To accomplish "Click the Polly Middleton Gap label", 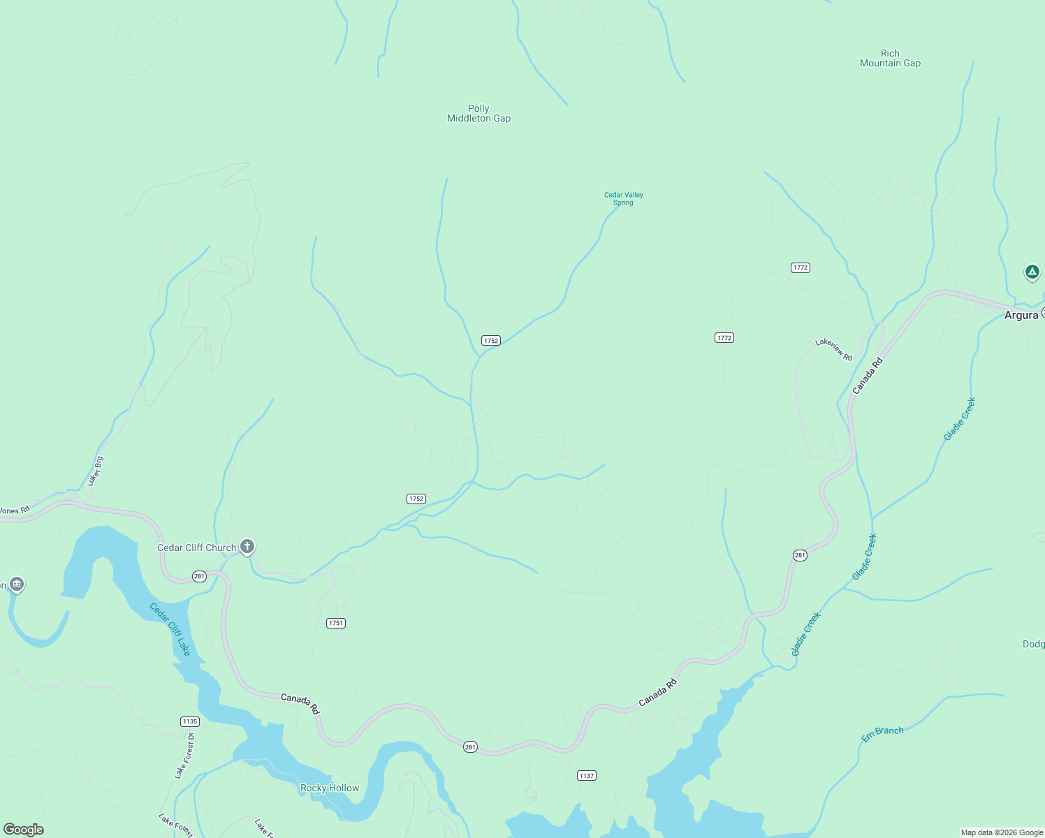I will [x=478, y=114].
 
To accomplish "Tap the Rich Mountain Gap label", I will [x=890, y=58].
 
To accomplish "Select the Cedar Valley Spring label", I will [x=623, y=199].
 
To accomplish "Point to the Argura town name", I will [x=1021, y=316].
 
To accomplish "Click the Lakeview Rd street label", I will [x=834, y=349].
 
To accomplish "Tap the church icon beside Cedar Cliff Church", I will [x=247, y=546].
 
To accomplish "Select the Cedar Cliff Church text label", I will [x=196, y=547].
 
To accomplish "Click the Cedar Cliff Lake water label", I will [x=170, y=629].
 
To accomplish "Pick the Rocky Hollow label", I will [x=330, y=788].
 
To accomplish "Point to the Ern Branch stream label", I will [x=882, y=734].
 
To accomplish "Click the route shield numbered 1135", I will [x=190, y=721].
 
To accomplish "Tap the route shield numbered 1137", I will [x=587, y=776].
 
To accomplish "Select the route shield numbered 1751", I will [x=336, y=623].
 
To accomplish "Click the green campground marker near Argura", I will [x=1032, y=272].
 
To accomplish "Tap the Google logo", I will [x=24, y=830].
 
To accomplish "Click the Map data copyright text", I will [x=1001, y=832].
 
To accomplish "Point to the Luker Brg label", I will [x=95, y=471].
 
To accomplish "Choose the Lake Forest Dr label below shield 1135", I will [x=184, y=756].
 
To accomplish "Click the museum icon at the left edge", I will [x=17, y=584].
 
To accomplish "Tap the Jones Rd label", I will [x=14, y=510].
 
